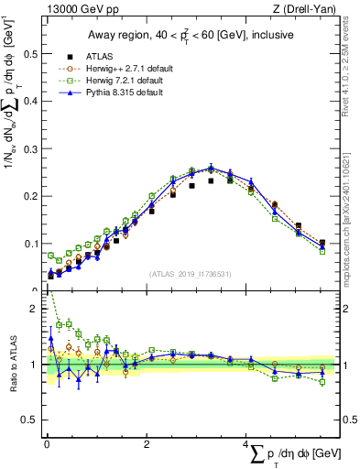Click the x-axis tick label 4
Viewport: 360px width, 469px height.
click(246, 444)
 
